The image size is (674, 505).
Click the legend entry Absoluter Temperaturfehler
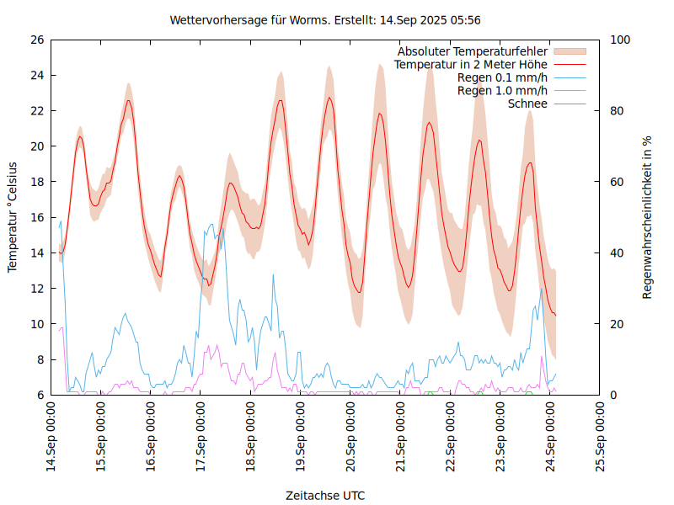pyautogui.click(x=473, y=51)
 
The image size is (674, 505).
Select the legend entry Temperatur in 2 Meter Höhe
pyautogui.click(x=471, y=65)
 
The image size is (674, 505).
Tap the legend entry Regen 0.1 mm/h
pyautogui.click(x=502, y=77)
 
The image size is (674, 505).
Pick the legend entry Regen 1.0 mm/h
pyautogui.click(x=502, y=91)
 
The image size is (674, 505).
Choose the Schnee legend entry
pyautogui.click(x=528, y=104)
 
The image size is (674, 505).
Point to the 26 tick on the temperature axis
pyautogui.click(x=37, y=40)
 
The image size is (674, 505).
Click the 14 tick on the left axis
pyautogui.click(x=37, y=252)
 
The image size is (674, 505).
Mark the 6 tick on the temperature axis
pyautogui.click(x=40, y=395)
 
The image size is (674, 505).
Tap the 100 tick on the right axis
pyautogui.click(x=621, y=40)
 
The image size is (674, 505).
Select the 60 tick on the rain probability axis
pyautogui.click(x=618, y=182)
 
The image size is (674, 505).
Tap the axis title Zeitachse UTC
pyautogui.click(x=325, y=495)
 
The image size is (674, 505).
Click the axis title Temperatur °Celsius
pyautogui.click(x=13, y=217)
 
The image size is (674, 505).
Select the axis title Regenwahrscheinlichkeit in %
pyautogui.click(x=648, y=217)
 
